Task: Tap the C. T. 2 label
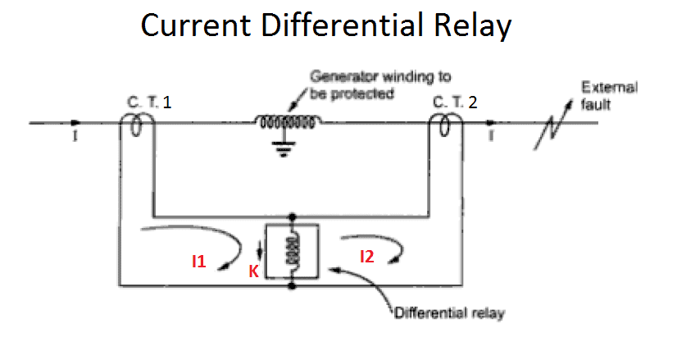click(x=453, y=102)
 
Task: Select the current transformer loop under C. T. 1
click(x=139, y=125)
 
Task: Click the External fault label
click(x=608, y=93)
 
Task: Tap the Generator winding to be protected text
click(x=379, y=84)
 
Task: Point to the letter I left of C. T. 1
click(x=75, y=137)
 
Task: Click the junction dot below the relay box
click(x=293, y=286)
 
